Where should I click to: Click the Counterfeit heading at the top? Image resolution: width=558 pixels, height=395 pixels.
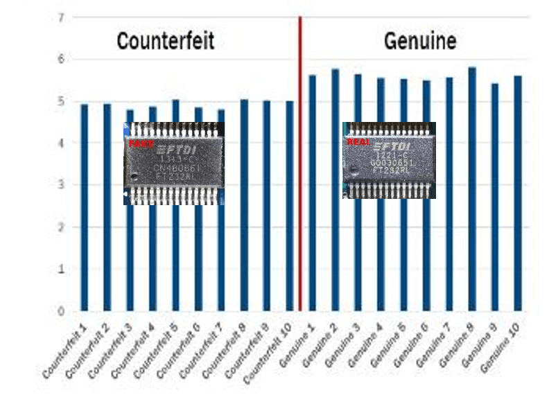point(165,41)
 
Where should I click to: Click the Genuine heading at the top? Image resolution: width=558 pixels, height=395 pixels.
point(420,42)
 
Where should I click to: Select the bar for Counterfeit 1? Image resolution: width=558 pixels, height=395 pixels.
point(85,207)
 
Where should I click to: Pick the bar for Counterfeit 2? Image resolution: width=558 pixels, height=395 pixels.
point(107,207)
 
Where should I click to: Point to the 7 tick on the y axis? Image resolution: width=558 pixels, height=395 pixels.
point(61,17)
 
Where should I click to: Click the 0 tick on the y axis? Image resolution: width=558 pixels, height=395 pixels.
point(61,310)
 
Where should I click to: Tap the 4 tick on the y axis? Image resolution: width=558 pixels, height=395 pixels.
point(61,143)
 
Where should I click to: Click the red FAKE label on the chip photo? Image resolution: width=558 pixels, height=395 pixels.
point(137,143)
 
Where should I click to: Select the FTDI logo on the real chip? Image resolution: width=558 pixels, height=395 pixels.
point(391,148)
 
